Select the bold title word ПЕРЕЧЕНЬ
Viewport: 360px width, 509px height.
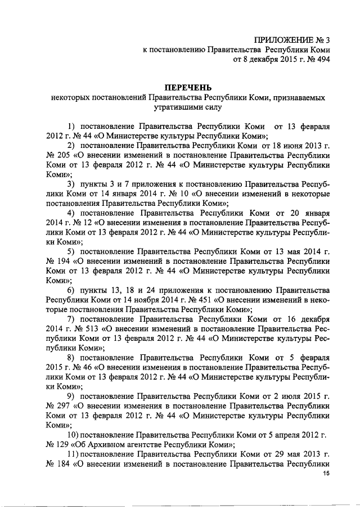click(x=187, y=88)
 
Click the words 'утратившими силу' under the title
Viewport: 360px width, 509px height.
click(x=187, y=106)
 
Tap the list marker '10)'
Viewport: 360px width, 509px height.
click(x=73, y=435)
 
